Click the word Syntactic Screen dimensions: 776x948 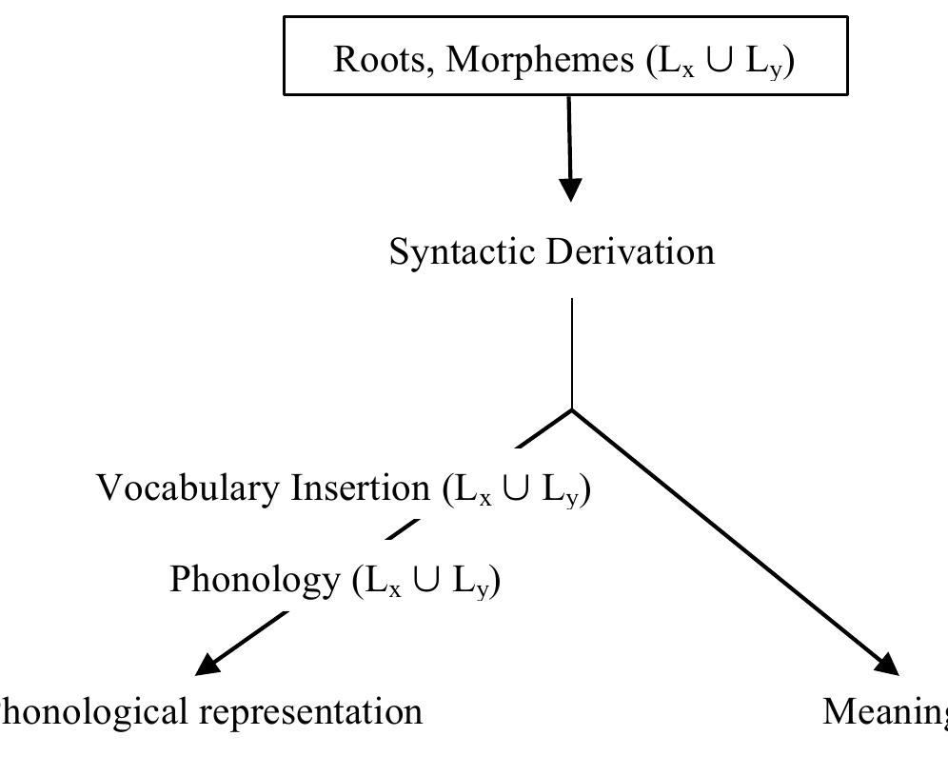coord(464,252)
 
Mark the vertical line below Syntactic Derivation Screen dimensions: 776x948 coord(571,352)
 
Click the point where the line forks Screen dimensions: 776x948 coord(571,410)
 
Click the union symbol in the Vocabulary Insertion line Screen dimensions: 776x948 coord(519,488)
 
